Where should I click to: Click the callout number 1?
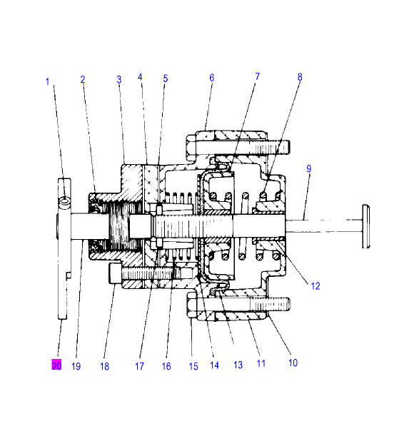(x=48, y=81)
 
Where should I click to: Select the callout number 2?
(x=83, y=79)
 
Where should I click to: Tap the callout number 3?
(x=118, y=79)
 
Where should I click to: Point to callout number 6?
(x=211, y=78)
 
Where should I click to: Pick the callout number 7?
(x=257, y=76)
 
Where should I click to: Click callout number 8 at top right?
(x=300, y=76)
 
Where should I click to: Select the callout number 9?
(x=308, y=169)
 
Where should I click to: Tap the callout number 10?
(x=293, y=363)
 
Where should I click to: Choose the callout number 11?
(x=261, y=363)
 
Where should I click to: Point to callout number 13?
(x=238, y=365)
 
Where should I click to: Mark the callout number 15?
(x=193, y=366)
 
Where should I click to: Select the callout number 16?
(x=166, y=366)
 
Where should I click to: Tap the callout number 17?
(x=139, y=366)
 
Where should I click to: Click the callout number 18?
(x=105, y=366)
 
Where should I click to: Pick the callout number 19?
(x=76, y=366)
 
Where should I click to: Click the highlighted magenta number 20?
(x=56, y=365)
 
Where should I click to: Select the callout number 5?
(x=166, y=78)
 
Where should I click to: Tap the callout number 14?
(x=214, y=365)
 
